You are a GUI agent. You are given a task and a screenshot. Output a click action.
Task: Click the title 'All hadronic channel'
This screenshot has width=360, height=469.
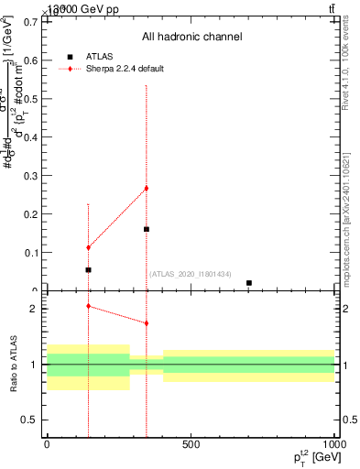191,38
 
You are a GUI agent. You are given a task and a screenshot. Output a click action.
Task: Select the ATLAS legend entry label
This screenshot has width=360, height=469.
100,56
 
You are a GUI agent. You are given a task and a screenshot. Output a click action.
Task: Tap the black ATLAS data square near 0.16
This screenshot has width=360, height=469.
147,229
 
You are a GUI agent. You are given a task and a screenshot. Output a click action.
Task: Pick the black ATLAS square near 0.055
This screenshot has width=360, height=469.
88,270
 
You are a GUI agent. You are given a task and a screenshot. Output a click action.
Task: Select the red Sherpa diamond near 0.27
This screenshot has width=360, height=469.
147,189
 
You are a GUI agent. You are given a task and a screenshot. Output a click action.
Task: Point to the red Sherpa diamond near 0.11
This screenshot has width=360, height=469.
88,247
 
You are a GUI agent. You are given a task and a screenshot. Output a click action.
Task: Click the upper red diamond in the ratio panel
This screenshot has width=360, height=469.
88,306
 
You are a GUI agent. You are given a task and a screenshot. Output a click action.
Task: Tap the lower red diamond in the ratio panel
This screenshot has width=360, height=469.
147,323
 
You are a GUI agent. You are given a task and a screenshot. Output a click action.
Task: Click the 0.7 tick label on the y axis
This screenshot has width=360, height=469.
30,21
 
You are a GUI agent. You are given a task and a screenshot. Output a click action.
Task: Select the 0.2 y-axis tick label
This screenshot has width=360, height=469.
30,213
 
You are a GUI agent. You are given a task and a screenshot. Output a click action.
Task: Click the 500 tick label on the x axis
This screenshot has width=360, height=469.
191,444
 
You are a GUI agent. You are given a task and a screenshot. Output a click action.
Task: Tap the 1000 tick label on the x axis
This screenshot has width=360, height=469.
333,444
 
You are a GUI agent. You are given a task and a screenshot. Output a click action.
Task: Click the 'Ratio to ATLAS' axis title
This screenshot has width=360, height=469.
15,365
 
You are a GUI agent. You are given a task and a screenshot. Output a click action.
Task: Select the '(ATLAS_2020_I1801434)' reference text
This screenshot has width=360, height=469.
190,275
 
